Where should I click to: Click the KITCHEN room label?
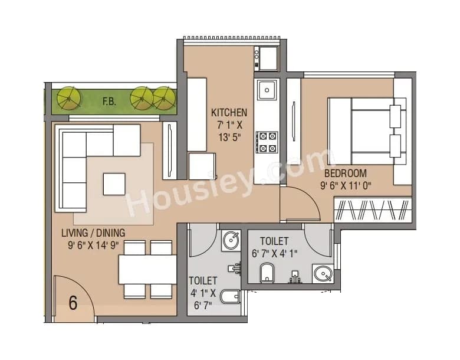point(229,112)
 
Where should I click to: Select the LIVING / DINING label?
point(93,233)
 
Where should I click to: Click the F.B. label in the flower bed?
point(109,101)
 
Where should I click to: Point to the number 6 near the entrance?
point(73,303)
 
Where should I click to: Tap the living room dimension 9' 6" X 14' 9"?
point(93,246)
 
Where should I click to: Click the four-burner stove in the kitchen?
point(267,142)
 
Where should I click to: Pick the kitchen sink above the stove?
point(267,90)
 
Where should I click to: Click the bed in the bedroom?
point(366,130)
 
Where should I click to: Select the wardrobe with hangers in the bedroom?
point(373,210)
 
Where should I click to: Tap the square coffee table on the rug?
point(114,184)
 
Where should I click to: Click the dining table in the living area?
point(147,270)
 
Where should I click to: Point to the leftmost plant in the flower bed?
point(69,98)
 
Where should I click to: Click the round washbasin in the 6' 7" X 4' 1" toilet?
point(322,274)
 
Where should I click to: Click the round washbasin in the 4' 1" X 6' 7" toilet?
point(229,240)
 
